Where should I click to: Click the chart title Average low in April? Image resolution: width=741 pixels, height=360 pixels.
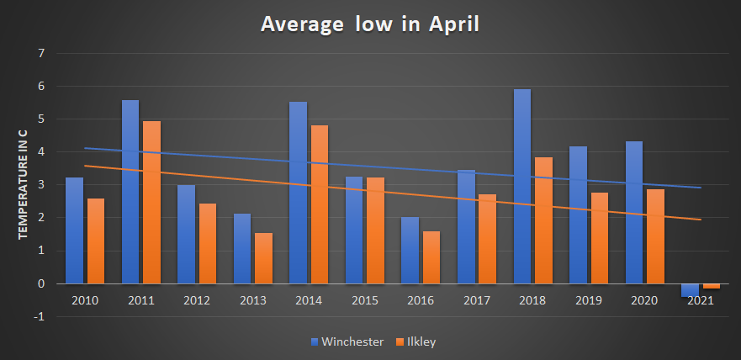[x=370, y=24]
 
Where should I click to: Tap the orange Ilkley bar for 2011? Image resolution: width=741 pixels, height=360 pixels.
[x=151, y=203]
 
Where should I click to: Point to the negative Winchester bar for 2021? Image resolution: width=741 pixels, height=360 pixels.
[x=690, y=290]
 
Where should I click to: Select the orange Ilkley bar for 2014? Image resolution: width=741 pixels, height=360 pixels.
[x=319, y=204]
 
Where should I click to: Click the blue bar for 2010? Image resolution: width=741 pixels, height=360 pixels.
[x=75, y=230]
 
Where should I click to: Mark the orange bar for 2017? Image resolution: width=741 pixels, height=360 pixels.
[x=487, y=239]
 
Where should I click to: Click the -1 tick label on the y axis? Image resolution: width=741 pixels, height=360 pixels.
[x=40, y=317]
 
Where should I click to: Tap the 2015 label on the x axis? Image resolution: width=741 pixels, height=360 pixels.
[x=364, y=300]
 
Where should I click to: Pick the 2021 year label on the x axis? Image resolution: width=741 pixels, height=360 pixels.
[x=700, y=300]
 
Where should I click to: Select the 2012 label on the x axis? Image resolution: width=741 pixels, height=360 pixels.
[x=197, y=300]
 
